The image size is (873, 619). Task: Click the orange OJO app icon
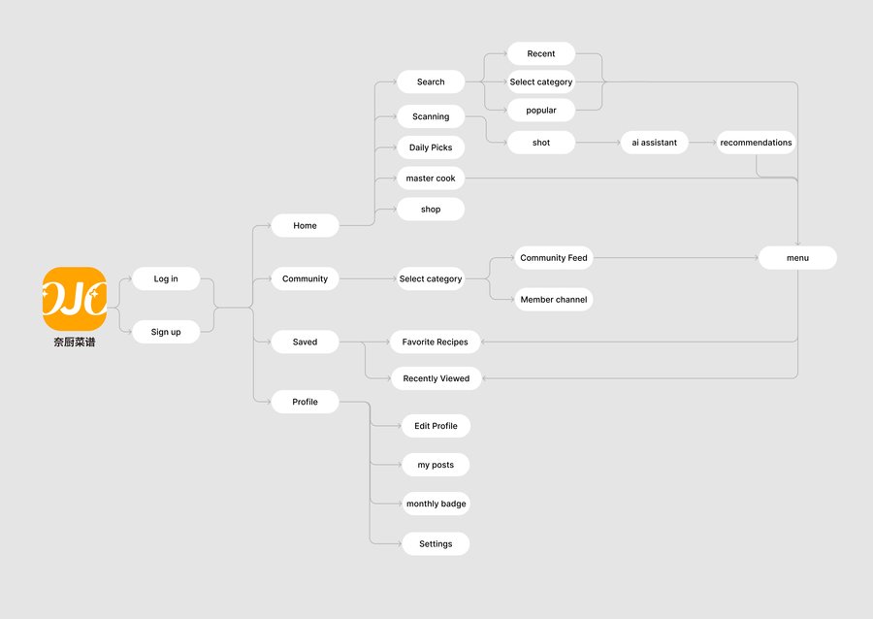[75, 299]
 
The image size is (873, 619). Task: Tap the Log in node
[166, 278]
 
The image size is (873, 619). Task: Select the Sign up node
[166, 332]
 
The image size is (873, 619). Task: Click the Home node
[306, 225]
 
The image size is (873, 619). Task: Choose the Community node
[306, 278]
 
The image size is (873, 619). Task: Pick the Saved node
[306, 342]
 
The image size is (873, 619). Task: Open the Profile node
[306, 402]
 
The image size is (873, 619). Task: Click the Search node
[431, 81]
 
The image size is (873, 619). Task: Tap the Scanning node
[431, 116]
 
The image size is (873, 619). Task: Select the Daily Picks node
[431, 147]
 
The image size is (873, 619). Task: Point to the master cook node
[431, 179]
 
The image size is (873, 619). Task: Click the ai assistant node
[654, 143]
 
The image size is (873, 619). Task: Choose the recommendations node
[756, 143]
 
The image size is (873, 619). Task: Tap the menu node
[798, 258]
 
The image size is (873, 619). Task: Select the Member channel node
[554, 300]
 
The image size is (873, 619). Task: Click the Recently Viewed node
[436, 378]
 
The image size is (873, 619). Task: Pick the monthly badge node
[436, 504]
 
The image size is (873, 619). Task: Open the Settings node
[436, 544]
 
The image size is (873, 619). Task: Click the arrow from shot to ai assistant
[598, 143]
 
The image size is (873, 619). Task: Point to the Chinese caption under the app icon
[75, 342]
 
